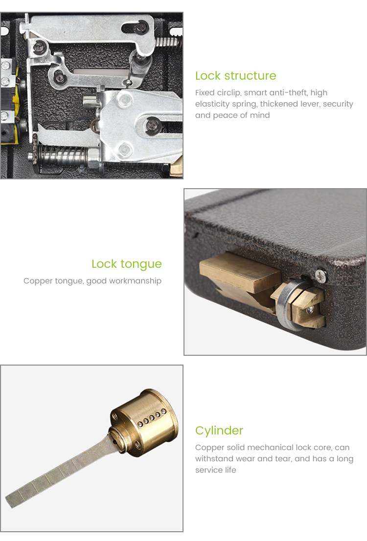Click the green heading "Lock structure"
pyautogui.click(x=235, y=76)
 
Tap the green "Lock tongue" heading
pyautogui.click(x=126, y=264)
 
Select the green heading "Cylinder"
pyautogui.click(x=219, y=431)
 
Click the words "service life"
pyautogui.click(x=216, y=470)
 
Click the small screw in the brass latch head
pyautogui.click(x=309, y=309)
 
